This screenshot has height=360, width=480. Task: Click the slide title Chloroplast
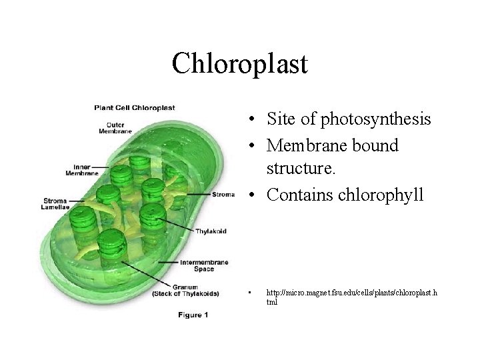point(239,64)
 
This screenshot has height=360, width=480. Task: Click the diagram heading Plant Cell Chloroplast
point(134,107)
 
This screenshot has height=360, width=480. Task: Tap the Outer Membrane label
point(111,127)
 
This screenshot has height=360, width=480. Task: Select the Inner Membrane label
point(82,169)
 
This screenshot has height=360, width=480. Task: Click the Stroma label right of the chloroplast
point(223,195)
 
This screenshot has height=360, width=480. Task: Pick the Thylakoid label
point(211,231)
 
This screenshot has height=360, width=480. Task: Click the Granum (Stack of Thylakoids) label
point(185,290)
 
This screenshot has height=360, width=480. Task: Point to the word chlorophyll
point(384,195)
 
